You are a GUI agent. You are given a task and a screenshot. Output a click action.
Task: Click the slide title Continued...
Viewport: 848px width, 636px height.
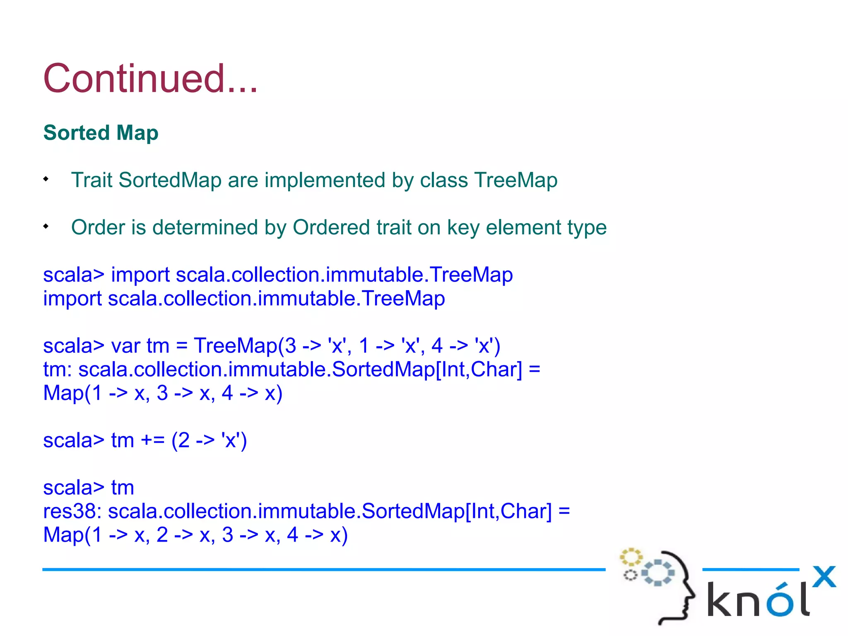pyautogui.click(x=150, y=79)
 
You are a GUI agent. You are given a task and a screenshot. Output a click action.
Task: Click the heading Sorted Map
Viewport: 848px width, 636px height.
pyautogui.click(x=101, y=133)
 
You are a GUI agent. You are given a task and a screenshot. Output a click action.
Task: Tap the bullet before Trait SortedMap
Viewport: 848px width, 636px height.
pyautogui.click(x=46, y=179)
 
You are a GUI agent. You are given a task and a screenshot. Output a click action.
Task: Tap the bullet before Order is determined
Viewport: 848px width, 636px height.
pyautogui.click(x=46, y=226)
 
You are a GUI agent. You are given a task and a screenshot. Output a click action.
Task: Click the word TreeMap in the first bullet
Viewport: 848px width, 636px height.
pyautogui.click(x=516, y=180)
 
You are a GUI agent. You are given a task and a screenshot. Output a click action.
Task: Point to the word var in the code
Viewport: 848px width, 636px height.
pyautogui.click(x=126, y=346)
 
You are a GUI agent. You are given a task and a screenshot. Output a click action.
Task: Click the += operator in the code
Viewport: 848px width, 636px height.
pyautogui.click(x=152, y=440)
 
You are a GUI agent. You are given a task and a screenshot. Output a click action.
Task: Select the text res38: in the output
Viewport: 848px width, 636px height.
pyautogui.click(x=72, y=511)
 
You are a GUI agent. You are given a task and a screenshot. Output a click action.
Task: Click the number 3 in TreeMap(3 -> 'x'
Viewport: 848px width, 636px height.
pyautogui.click(x=291, y=346)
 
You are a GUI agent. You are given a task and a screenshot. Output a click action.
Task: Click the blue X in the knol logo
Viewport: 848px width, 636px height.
pyautogui.click(x=824, y=577)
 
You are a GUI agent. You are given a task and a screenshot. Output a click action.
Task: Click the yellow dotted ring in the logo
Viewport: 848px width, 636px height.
pyautogui.click(x=631, y=557)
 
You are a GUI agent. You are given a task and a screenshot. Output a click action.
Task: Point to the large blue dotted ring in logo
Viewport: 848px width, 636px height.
pyautogui.click(x=658, y=573)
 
